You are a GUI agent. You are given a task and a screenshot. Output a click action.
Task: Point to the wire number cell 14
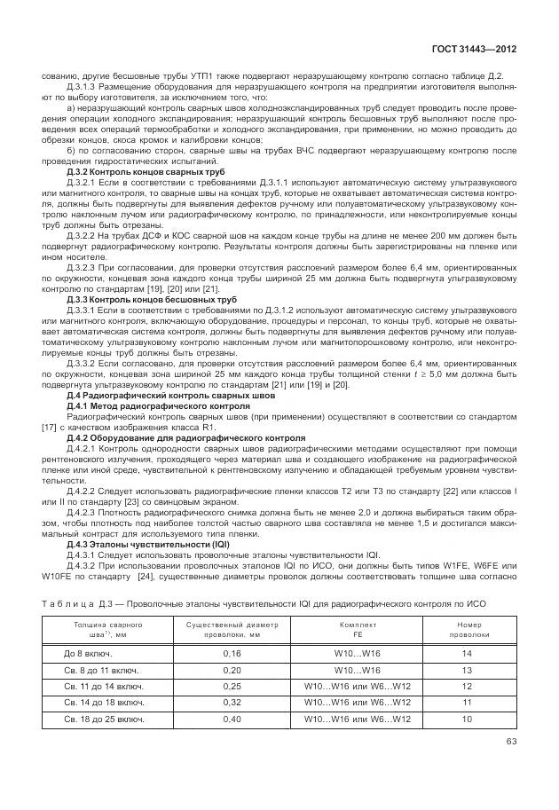467,655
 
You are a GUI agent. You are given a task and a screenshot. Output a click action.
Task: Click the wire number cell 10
467,718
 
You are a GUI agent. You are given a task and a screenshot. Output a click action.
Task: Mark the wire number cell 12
467,686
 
